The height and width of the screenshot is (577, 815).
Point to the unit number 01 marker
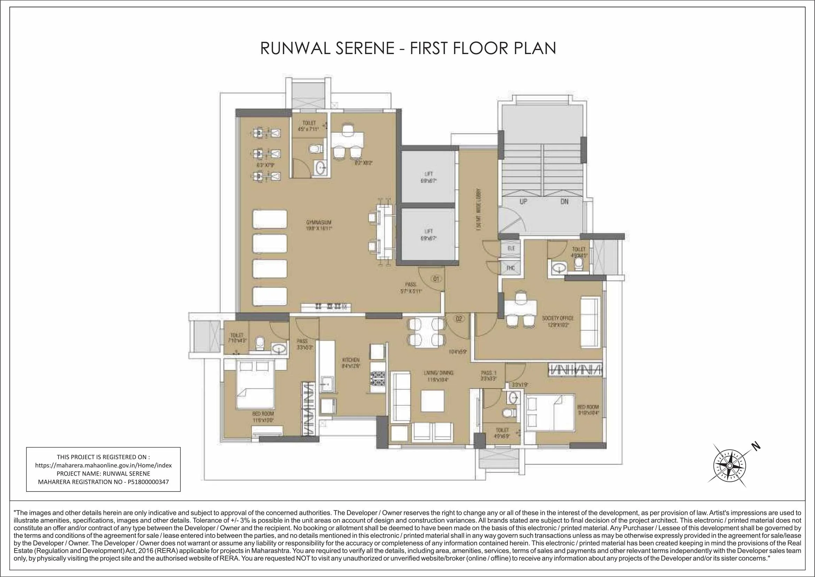[x=436, y=278]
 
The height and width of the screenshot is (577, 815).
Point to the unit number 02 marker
[x=459, y=319]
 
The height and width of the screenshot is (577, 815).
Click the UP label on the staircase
[x=523, y=201]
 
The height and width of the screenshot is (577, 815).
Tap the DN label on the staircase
[x=564, y=201]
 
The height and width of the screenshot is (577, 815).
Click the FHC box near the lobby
[x=510, y=268]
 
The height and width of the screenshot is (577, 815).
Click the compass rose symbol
[x=729, y=465]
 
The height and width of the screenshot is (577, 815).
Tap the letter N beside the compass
[x=756, y=447]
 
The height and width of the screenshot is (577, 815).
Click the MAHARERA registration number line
[x=103, y=482]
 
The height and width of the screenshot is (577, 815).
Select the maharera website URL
[x=103, y=465]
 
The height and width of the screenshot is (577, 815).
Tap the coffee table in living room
[x=432, y=401]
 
